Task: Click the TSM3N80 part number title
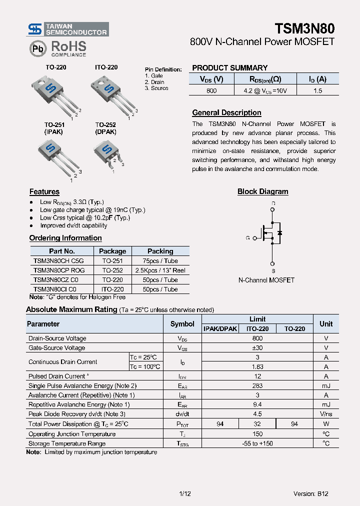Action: point(304,28)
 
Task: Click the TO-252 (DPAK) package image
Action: point(107,152)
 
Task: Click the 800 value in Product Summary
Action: point(211,90)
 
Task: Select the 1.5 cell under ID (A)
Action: point(317,90)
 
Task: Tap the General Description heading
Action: point(226,113)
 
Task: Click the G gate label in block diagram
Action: point(247,238)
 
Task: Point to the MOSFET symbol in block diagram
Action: point(272,233)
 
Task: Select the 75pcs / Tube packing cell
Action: point(160,261)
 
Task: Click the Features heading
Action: point(44,192)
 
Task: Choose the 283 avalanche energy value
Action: point(257,386)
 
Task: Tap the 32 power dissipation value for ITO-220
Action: point(257,424)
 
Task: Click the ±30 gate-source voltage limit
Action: point(257,348)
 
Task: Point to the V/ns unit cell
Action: point(326,414)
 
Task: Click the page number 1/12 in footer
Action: point(184,493)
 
